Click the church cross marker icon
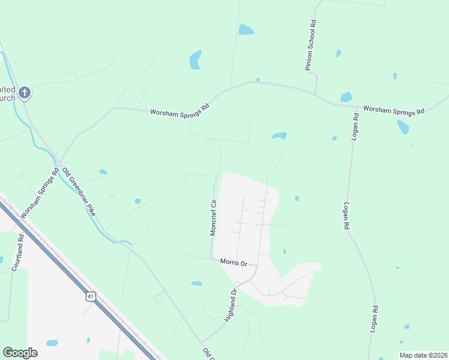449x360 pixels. [24, 93]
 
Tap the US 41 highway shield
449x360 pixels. [90, 296]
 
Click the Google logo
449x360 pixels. [20, 353]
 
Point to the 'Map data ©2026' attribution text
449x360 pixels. [423, 355]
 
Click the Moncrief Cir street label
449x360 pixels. [212, 217]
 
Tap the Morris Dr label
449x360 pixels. [234, 263]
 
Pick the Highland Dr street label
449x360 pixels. [231, 305]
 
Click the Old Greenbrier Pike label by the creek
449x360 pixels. [78, 192]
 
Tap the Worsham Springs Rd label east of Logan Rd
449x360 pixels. [394, 111]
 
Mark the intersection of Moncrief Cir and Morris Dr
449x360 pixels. [211, 259]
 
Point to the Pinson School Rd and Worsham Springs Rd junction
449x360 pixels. [316, 94]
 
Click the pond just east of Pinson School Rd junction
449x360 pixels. [346, 97]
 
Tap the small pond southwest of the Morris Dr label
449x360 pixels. [196, 283]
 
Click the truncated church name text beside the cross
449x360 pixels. [8, 93]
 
